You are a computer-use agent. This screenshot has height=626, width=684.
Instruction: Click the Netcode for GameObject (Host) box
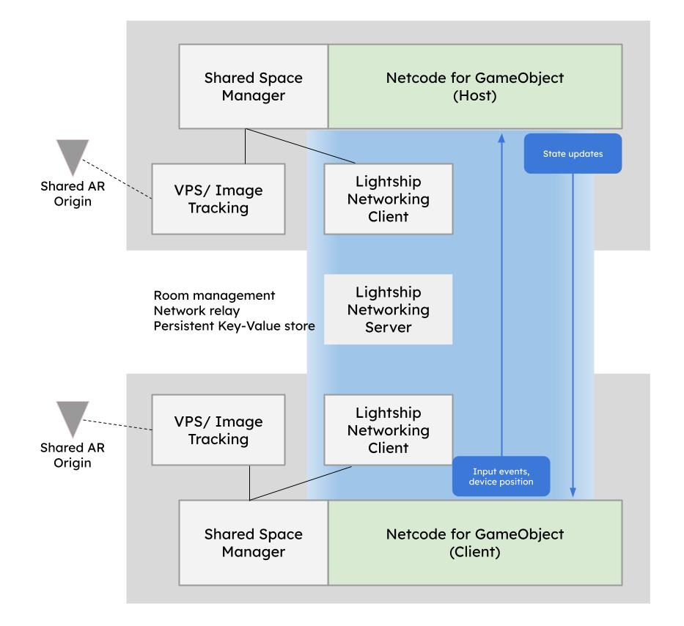[x=475, y=86]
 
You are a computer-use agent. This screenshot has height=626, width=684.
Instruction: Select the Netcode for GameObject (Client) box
[x=475, y=542]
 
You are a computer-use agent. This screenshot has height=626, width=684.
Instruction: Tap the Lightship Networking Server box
[x=389, y=309]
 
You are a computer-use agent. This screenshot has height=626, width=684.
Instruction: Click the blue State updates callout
[x=573, y=154]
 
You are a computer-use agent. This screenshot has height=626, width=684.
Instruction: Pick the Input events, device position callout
[x=501, y=476]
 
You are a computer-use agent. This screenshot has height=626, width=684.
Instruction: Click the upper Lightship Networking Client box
[x=389, y=198]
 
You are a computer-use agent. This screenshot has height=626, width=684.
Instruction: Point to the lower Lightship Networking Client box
[x=389, y=430]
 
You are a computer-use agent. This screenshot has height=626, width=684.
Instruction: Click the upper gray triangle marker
[x=73, y=156]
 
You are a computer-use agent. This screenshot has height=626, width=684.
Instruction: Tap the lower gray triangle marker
[x=73, y=417]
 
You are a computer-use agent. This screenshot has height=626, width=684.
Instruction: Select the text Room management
[x=214, y=295]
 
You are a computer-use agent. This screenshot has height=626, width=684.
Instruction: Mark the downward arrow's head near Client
[x=573, y=493]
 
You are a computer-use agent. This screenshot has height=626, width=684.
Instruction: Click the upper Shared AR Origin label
[x=67, y=194]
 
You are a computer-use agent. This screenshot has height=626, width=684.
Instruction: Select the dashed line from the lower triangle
[x=117, y=425]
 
